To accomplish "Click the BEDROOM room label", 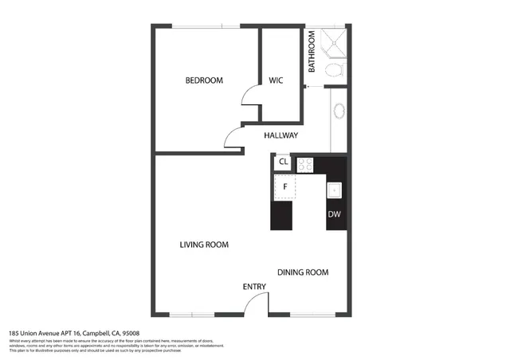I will [204, 80].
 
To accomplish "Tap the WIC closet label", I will [277, 80].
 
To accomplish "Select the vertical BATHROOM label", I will [312, 52].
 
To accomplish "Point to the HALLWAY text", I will [280, 135].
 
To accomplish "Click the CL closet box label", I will [282, 162].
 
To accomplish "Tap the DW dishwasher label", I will [335, 214].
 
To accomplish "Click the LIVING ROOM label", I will [204, 245].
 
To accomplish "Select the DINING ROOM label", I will [303, 272].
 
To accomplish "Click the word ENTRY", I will [254, 287].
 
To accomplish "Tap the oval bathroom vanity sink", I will [339, 112].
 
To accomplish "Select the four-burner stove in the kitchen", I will [305, 165].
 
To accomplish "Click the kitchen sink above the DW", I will [335, 190].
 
